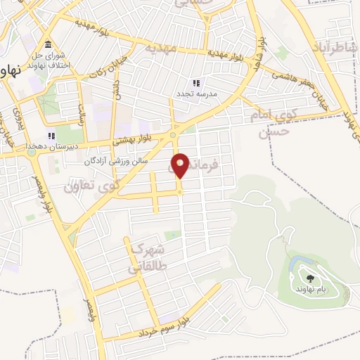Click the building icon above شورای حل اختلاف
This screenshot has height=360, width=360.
coord(47,44)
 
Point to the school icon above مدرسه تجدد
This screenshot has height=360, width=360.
coord(196,82)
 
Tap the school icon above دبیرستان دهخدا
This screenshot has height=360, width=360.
coord(51,136)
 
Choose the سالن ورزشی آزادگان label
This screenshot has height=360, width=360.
coord(136,161)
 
